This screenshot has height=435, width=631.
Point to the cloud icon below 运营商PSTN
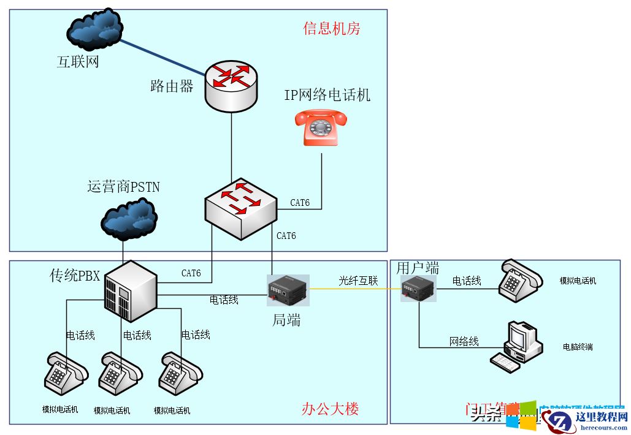(129, 219)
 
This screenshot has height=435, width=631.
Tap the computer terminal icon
(516, 346)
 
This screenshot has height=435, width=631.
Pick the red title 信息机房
(332, 28)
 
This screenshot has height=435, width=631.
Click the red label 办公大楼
(331, 409)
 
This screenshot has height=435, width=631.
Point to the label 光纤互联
(359, 281)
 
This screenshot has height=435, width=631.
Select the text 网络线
(464, 341)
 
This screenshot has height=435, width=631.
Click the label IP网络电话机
(327, 95)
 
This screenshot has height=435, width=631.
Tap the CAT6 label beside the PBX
(191, 273)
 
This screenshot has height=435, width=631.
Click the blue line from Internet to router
(163, 57)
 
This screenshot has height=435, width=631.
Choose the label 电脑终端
(578, 347)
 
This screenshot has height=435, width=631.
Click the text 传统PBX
(75, 276)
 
